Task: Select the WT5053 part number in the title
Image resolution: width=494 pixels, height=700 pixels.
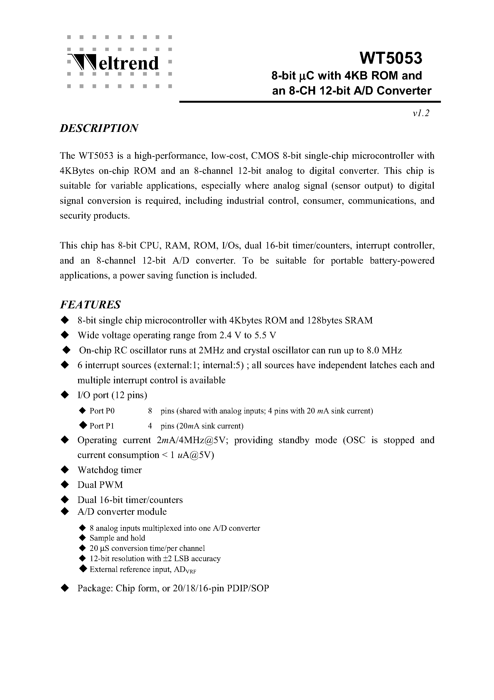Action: pyautogui.click(x=391, y=58)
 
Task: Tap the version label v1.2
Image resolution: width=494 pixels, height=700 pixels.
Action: pyautogui.click(x=421, y=113)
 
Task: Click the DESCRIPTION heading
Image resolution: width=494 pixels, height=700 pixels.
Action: pyautogui.click(x=99, y=128)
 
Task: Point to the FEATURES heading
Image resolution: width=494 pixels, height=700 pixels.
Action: pyautogui.click(x=90, y=305)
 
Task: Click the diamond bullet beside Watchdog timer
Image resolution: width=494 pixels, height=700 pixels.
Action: pyautogui.click(x=65, y=470)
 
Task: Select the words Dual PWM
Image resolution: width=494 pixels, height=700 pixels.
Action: pyautogui.click(x=100, y=485)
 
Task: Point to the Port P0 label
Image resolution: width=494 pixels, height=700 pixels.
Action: pyautogui.click(x=102, y=411)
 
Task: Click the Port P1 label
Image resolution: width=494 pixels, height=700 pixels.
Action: pyautogui.click(x=101, y=426)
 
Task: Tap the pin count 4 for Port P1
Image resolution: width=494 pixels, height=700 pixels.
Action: pyautogui.click(x=150, y=426)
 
